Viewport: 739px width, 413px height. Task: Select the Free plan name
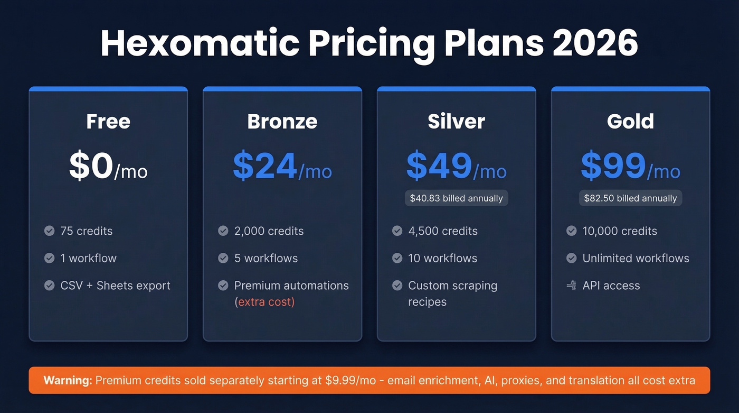pos(108,122)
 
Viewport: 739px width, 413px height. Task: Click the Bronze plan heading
pos(282,122)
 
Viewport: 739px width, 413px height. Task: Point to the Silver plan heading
pos(457,122)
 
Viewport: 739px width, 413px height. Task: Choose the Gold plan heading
pos(630,122)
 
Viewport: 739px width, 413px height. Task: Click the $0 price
pos(91,167)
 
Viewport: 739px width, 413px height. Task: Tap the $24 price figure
pos(265,167)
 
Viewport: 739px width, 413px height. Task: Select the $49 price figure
pos(439,167)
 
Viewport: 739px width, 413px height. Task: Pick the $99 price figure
pos(613,167)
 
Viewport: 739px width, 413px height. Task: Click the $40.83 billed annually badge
pos(457,198)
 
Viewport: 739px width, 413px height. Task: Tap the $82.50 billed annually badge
pos(630,198)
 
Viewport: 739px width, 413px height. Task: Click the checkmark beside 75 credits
pos(49,231)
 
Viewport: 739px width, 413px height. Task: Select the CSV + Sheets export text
pos(115,286)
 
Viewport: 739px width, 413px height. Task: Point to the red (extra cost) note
pos(264,302)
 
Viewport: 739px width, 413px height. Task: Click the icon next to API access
pos(571,286)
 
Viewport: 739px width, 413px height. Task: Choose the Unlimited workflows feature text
pos(636,258)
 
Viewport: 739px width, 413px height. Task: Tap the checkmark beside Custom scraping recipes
pos(397,286)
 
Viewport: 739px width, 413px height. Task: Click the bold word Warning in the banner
pos(68,380)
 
